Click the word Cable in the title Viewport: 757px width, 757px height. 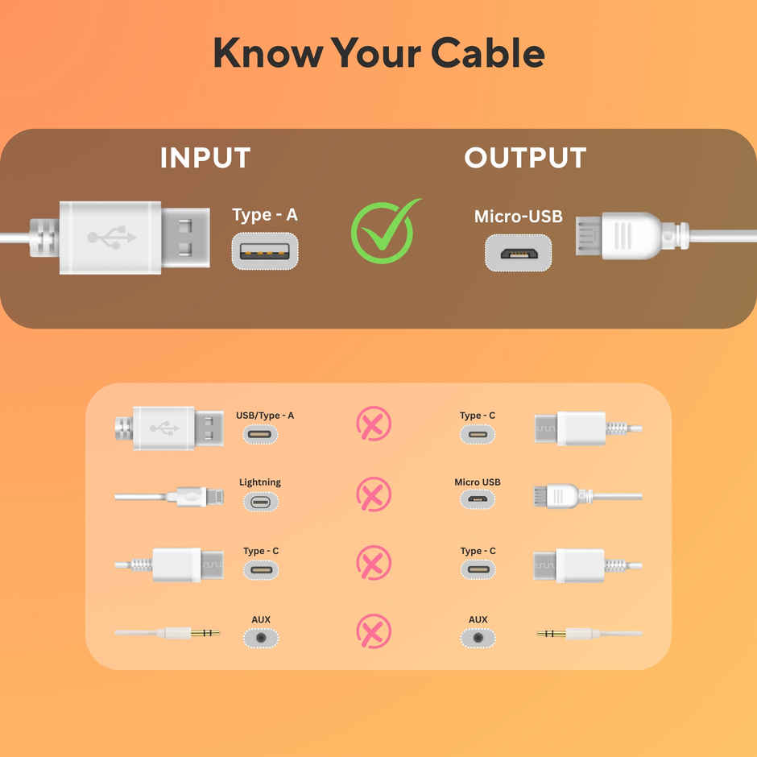point(487,53)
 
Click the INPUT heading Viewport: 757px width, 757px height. point(205,158)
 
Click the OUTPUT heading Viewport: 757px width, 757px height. point(525,158)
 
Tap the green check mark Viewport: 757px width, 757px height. point(384,232)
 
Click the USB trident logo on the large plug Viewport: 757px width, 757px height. point(112,238)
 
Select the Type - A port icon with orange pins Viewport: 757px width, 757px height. point(265,251)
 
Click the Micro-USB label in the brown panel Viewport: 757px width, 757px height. point(518,216)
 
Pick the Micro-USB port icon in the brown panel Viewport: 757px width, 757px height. point(518,253)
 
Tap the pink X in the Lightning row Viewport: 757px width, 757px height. point(374,494)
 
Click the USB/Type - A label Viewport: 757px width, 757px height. point(265,416)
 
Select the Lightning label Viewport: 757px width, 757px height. point(260,482)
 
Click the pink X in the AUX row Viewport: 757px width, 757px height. point(374,632)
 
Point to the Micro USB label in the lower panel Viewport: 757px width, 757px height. point(478,482)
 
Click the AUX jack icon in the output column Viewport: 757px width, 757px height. point(478,639)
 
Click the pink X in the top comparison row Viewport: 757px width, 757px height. point(374,424)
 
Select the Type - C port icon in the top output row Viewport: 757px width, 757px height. point(478,435)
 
